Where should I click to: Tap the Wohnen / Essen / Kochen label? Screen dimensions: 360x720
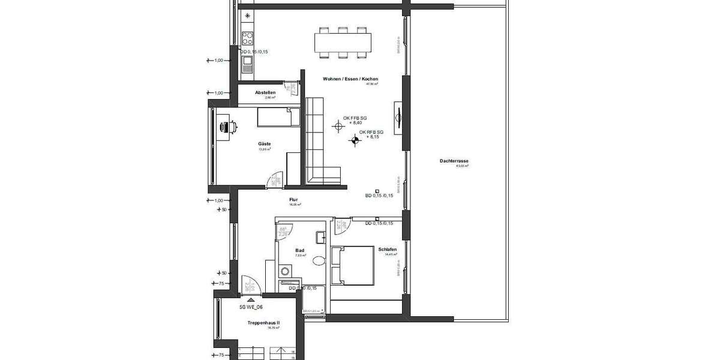[x=350, y=79]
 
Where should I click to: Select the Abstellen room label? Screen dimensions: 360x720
[x=265, y=92]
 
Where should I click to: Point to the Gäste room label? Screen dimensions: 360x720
[x=265, y=144]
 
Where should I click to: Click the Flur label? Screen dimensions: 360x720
[x=293, y=200]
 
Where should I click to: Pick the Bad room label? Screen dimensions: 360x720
[x=301, y=250]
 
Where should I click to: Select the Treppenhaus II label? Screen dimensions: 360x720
[x=264, y=323]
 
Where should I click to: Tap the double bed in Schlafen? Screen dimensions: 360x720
[x=356, y=265]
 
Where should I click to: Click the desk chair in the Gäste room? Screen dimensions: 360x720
[x=229, y=127]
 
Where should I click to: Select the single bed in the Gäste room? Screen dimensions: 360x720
[x=278, y=117]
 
